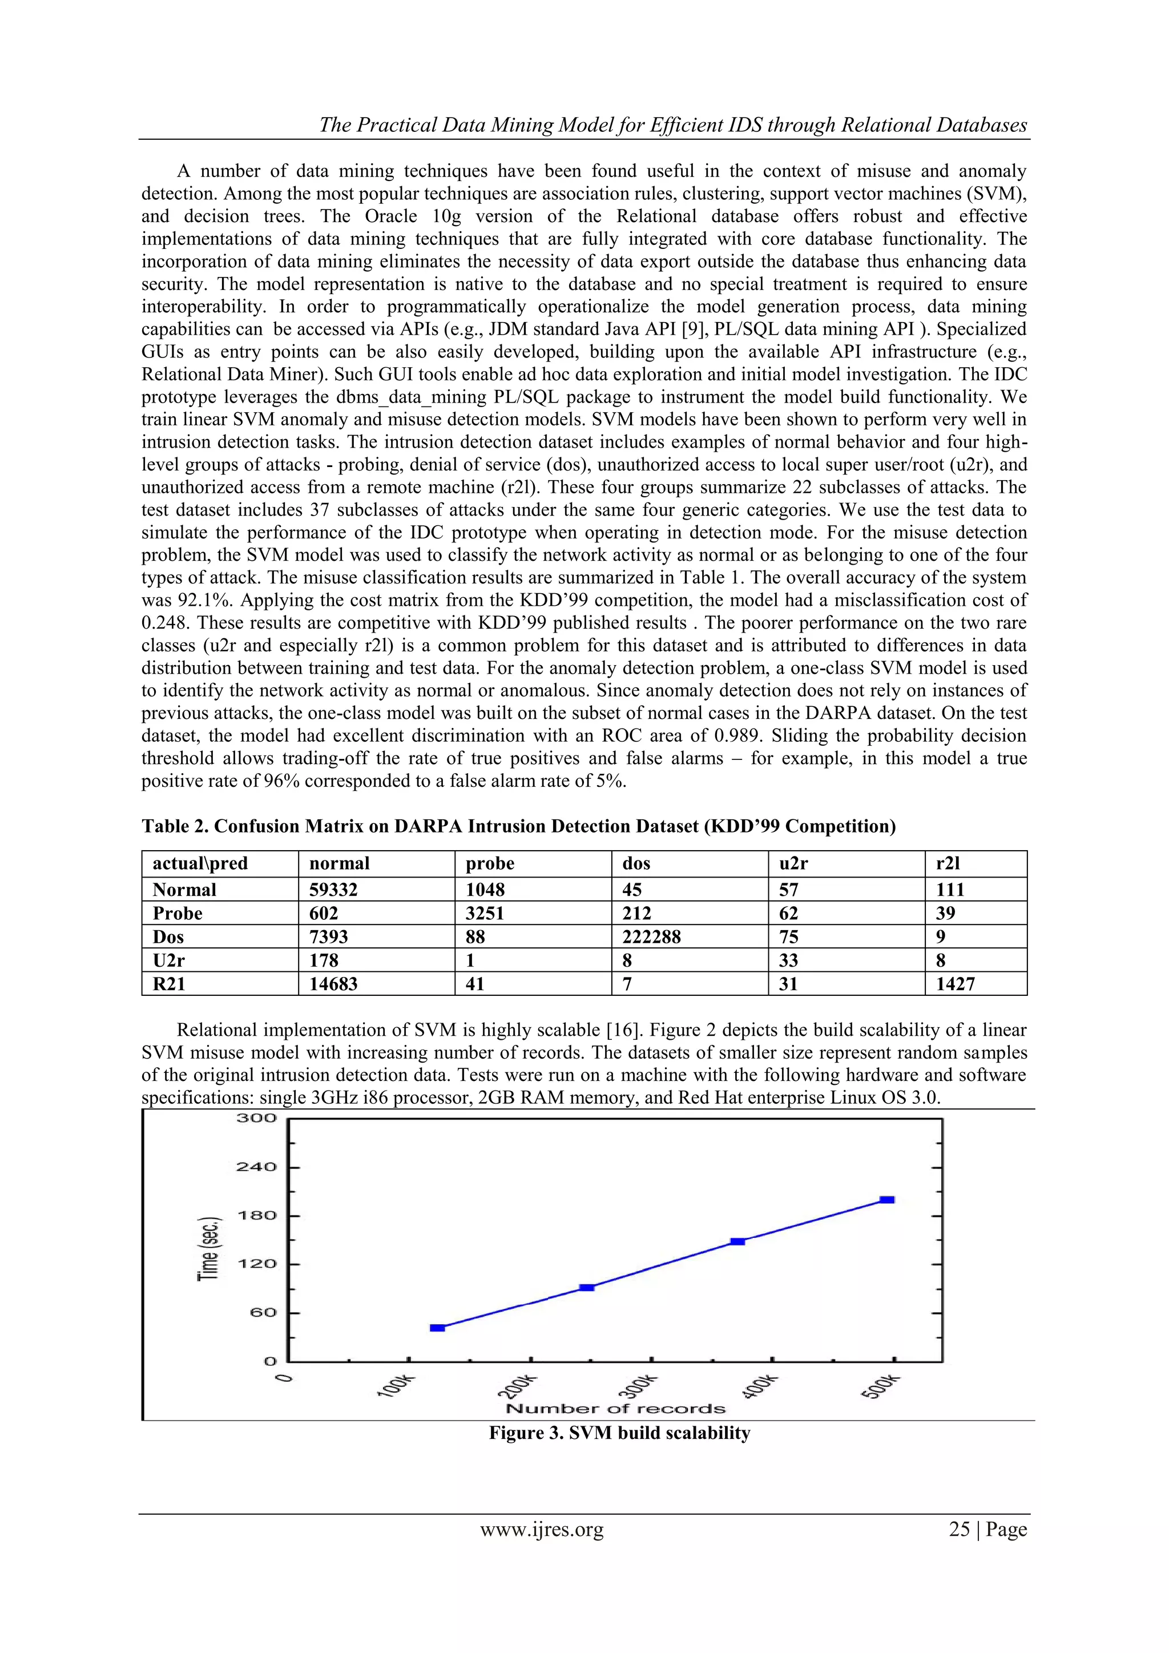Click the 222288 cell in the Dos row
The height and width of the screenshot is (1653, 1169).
point(651,936)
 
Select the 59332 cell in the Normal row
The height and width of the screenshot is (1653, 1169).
point(333,890)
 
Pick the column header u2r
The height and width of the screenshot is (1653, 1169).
point(793,863)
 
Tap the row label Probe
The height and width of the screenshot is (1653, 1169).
point(178,914)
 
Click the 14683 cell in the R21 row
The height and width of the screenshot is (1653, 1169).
point(333,983)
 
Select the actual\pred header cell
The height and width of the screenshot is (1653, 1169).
point(200,863)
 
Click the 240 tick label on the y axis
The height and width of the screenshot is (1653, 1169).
point(256,1167)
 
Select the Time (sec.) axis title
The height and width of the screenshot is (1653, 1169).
point(209,1247)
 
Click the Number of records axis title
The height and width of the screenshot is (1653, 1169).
point(615,1409)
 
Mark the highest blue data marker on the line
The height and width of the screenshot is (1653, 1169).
point(888,1200)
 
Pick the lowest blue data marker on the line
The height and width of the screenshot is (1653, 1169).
point(437,1328)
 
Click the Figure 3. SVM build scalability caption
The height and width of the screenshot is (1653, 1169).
point(619,1433)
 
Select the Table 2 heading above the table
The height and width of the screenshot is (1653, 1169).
point(518,826)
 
